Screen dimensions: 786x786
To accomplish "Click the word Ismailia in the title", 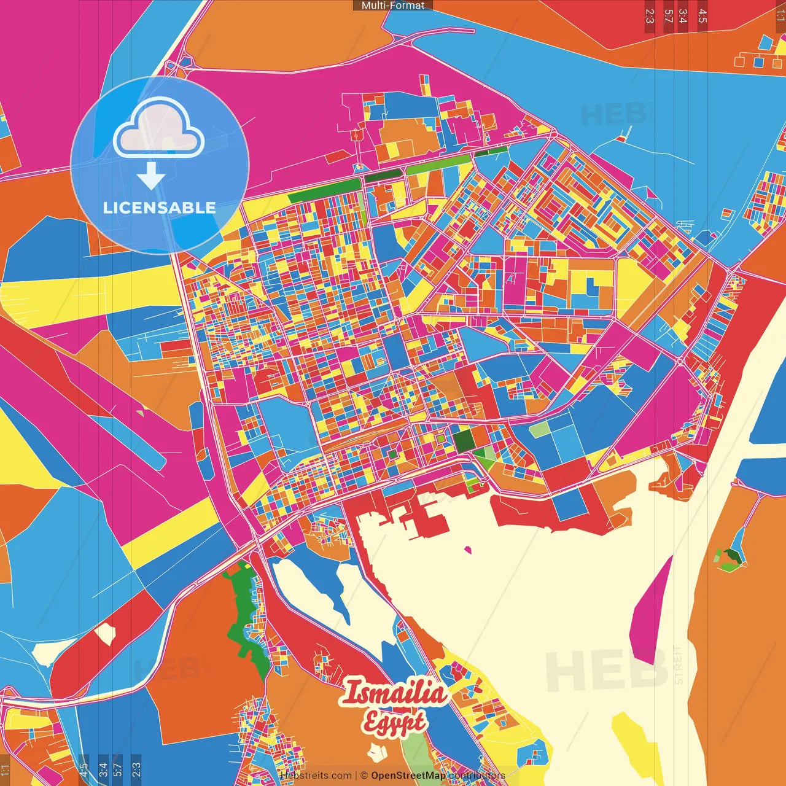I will [x=393, y=693].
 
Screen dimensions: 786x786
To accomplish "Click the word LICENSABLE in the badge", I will [x=159, y=208].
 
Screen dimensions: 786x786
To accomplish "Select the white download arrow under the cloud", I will [x=151, y=176].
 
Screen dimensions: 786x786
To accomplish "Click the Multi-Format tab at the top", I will [x=393, y=6].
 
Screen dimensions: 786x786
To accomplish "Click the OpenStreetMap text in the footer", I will [x=408, y=776].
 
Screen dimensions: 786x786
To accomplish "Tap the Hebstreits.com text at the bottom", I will [x=316, y=776].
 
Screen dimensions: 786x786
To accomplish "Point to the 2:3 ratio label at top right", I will [x=650, y=16].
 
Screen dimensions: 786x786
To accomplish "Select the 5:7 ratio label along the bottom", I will [x=117, y=769].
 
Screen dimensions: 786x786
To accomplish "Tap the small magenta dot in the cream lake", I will [x=468, y=550].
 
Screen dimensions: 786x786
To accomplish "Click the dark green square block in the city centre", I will [x=464, y=440].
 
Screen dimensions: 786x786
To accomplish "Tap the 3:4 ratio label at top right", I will [x=682, y=16].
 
